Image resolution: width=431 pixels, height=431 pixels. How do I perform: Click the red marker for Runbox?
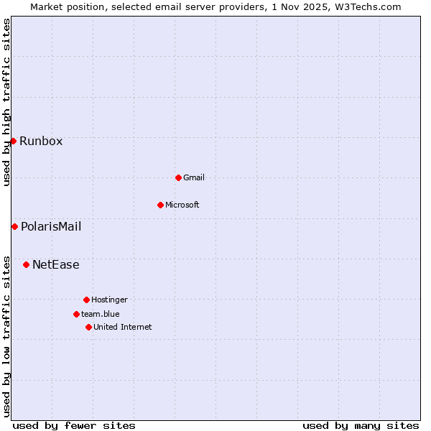(13, 141)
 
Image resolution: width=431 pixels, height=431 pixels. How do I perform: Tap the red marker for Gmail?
(178, 177)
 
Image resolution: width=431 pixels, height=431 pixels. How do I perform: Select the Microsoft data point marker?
(160, 205)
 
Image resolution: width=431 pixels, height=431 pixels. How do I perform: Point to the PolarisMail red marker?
(14, 226)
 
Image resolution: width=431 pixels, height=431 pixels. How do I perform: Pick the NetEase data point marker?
(26, 264)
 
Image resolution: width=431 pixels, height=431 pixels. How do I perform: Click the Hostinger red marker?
(86, 300)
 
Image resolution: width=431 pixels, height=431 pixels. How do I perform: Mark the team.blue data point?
(76, 314)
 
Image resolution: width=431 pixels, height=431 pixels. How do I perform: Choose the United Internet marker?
(88, 327)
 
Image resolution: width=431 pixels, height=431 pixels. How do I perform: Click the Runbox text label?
(41, 142)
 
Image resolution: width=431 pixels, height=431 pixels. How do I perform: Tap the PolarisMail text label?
(51, 227)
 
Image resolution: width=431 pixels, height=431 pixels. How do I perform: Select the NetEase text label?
(56, 265)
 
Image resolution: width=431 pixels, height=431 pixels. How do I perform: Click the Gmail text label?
(194, 177)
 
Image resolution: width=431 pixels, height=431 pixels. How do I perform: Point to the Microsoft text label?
(182, 205)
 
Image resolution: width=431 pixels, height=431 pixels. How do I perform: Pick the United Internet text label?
(123, 327)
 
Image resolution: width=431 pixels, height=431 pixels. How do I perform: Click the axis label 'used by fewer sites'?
(74, 425)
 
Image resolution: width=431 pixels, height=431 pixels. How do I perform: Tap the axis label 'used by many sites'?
(361, 425)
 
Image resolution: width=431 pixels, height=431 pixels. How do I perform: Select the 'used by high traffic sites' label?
(7, 102)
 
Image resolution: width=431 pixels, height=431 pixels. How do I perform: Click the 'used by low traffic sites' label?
(7, 336)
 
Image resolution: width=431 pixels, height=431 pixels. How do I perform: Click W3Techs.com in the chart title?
(366, 6)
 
